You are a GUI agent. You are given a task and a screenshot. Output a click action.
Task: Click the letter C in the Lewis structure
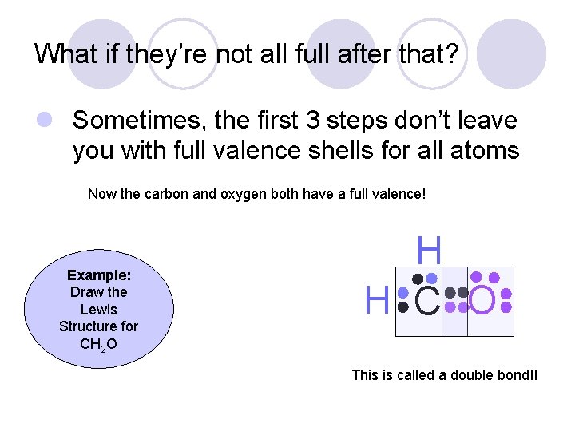click(x=428, y=301)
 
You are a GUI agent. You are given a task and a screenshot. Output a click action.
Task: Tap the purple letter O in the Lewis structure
click(x=484, y=301)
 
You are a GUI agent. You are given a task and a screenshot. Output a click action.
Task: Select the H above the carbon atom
click(x=429, y=251)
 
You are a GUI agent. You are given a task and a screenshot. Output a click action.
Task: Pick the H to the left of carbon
click(x=376, y=301)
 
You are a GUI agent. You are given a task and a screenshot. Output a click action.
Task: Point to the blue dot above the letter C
click(x=432, y=279)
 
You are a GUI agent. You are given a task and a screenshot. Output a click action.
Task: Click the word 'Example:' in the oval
click(x=99, y=275)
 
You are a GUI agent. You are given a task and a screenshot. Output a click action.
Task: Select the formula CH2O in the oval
click(x=98, y=344)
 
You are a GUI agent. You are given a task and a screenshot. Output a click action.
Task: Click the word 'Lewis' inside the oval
click(x=99, y=309)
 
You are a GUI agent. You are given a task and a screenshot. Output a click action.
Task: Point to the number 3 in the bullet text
click(x=310, y=121)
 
